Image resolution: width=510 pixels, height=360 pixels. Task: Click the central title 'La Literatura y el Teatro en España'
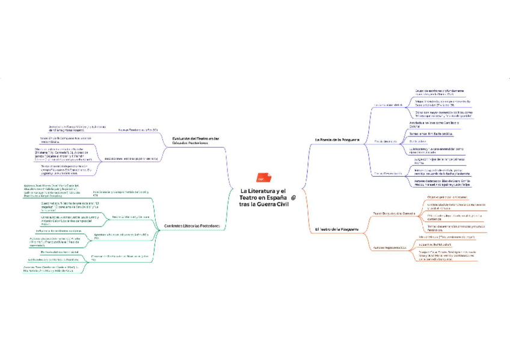pos(263,198)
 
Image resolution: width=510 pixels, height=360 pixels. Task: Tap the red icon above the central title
pos(261,178)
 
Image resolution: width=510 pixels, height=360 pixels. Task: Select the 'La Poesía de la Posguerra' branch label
pos(337,139)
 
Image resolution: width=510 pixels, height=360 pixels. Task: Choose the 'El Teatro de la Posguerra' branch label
pos(337,229)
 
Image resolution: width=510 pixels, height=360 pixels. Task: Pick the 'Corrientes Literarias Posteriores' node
pos(191,226)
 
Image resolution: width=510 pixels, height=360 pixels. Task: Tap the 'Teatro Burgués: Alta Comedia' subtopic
pos(390,213)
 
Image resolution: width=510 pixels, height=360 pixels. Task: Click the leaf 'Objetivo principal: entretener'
pos(446,197)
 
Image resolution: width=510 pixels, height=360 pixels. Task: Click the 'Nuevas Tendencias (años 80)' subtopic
pos(138,129)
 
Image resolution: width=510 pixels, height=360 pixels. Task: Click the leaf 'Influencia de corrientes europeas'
pos(59,230)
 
